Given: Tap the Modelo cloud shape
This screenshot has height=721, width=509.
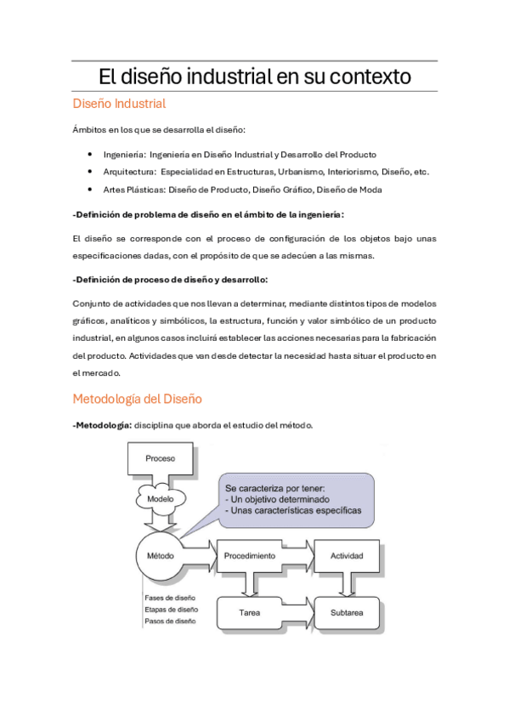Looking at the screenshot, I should click(161, 499).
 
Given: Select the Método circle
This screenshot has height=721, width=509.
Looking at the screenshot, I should click(161, 556).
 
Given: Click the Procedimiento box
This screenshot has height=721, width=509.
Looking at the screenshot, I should click(249, 556).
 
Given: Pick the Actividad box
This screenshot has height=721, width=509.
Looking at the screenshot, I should click(346, 556).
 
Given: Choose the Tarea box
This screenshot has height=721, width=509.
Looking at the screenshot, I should click(249, 611).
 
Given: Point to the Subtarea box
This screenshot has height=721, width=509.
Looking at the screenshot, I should click(347, 611).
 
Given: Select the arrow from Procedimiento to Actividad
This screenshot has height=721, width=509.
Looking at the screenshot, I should click(297, 556).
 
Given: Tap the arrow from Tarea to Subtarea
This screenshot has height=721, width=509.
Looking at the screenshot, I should click(297, 611).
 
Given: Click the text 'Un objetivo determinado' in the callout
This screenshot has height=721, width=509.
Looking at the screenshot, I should click(280, 500).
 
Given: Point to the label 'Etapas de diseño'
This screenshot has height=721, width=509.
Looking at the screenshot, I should click(172, 610).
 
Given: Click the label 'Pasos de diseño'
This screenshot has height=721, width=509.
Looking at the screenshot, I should click(170, 622).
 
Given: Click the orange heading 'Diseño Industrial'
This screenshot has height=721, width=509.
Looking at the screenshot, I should click(119, 104).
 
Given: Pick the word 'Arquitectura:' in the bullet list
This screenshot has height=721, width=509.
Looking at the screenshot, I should click(127, 172).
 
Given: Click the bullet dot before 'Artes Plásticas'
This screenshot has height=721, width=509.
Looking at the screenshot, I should click(90, 189).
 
